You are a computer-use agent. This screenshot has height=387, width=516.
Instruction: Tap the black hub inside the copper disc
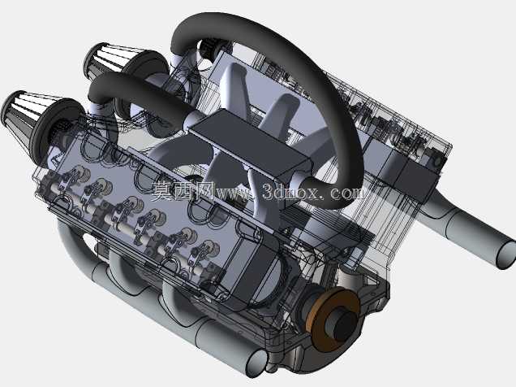(345, 326)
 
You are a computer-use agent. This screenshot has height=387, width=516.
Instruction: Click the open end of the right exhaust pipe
(506, 254)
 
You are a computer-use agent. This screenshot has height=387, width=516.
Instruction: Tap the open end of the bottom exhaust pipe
(257, 363)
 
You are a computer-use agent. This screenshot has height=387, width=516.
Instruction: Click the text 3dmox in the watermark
(290, 191)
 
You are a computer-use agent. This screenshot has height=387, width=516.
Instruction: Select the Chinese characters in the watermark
(183, 191)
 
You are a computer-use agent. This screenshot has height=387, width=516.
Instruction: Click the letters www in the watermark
(234, 193)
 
